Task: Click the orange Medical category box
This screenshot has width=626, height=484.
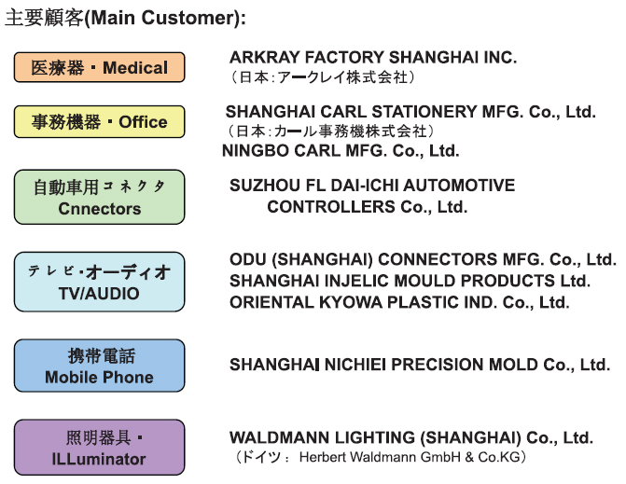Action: [99, 67]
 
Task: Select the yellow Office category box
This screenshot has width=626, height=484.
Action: [99, 122]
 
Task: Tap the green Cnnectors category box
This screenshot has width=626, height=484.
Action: [99, 197]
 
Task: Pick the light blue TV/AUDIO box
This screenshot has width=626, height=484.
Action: [99, 282]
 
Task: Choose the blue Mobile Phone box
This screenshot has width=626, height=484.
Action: [99, 366]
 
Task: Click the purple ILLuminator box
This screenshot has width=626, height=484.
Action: [99, 448]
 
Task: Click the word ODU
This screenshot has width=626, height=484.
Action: [246, 259]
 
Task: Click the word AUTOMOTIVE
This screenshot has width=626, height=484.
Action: [460, 186]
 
